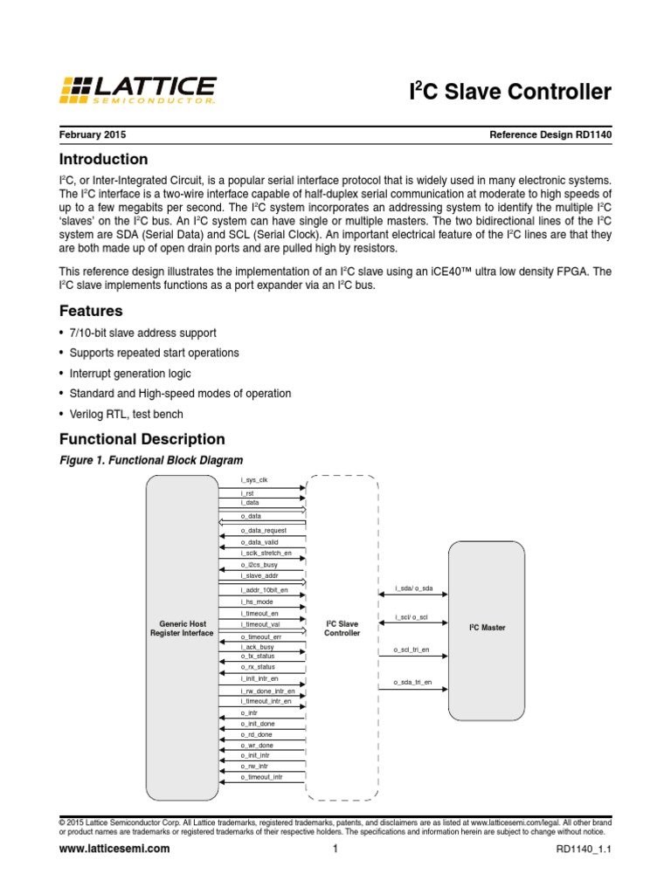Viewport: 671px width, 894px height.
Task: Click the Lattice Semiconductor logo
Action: [x=138, y=90]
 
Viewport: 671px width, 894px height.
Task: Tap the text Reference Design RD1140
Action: [x=551, y=136]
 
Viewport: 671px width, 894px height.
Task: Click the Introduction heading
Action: [x=103, y=160]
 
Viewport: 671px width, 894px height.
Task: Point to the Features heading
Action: [x=90, y=311]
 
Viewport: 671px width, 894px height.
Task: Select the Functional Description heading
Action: [x=142, y=439]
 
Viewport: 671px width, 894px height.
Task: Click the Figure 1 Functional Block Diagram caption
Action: [x=150, y=460]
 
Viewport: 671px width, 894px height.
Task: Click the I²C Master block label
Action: [x=487, y=628]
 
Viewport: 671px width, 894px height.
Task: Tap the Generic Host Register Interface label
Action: [x=183, y=629]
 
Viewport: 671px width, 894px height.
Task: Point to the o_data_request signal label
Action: [x=263, y=530]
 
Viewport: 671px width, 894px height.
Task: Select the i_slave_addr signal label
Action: [x=259, y=576]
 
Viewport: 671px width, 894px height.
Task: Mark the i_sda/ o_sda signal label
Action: [x=413, y=589]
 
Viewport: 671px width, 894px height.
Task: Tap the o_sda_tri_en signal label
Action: [x=412, y=682]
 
